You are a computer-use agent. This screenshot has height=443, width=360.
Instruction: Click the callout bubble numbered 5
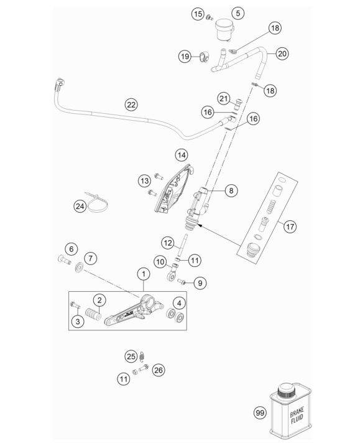238,13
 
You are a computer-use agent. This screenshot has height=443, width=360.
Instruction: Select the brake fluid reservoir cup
224,30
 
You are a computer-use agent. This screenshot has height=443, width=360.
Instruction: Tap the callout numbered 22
131,105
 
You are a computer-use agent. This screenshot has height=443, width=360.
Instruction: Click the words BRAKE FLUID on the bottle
297,416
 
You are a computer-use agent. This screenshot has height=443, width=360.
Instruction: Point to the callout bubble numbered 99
260,413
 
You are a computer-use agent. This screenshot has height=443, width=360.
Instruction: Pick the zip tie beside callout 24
96,202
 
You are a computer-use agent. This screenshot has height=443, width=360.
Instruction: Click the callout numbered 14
182,155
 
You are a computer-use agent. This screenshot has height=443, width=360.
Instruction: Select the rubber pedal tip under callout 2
93,314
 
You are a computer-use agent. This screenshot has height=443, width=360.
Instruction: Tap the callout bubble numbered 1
144,274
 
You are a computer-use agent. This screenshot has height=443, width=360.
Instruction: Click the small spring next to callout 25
142,357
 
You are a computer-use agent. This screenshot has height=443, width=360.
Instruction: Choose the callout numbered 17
290,226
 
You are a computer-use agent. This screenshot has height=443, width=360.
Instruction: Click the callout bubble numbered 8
231,191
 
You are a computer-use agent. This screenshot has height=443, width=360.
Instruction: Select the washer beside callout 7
79,267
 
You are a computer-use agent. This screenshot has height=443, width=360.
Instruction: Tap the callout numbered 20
282,54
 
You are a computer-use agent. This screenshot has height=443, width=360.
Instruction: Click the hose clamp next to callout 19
203,56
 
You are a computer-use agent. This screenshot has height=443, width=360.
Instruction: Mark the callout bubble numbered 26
159,370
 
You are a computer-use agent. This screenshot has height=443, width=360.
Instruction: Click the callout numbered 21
224,98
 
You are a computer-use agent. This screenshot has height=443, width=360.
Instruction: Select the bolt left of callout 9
182,281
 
